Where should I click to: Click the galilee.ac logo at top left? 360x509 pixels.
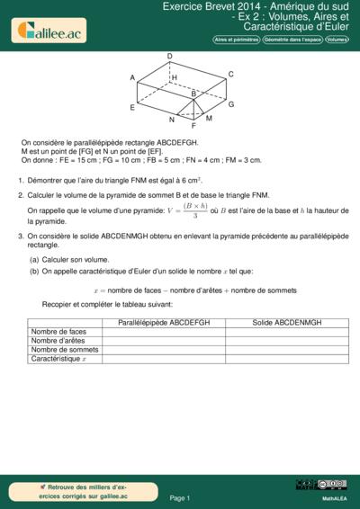[x=49, y=31]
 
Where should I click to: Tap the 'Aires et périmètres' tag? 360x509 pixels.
[x=234, y=40]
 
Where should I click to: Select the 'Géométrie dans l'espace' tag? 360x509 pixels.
[x=289, y=40]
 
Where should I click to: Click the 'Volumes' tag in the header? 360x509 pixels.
[x=337, y=40]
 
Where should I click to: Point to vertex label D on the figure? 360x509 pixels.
[x=170, y=57]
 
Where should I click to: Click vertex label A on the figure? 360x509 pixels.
[x=132, y=78]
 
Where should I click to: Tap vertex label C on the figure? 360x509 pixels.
[x=231, y=74]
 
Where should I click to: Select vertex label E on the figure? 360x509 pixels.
[x=132, y=108]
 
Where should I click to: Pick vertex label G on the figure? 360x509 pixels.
[x=231, y=104]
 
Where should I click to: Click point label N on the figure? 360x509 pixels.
[x=171, y=120]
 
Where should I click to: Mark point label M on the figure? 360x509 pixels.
[x=209, y=118]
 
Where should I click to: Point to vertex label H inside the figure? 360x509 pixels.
[x=174, y=78]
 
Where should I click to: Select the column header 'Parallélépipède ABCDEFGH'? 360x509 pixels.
[x=164, y=322]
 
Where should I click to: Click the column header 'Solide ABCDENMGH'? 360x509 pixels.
[x=285, y=322]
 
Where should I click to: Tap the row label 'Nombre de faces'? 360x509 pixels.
[x=58, y=331]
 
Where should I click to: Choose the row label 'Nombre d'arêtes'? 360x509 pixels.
[x=58, y=340]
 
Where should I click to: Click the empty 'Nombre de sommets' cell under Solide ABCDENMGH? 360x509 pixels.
[x=285, y=349]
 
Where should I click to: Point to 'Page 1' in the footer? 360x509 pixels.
[x=180, y=497]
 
